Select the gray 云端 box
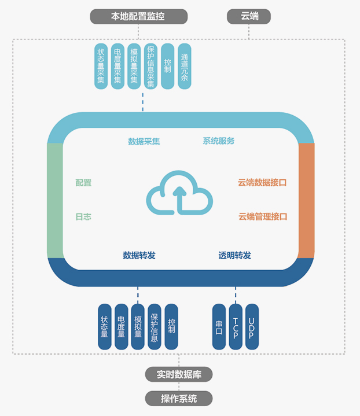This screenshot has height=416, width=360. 249,16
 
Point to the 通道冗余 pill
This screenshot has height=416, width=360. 185,67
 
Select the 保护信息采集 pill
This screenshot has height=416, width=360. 151,67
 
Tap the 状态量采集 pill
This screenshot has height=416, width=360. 101,67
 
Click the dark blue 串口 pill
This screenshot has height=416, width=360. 219,327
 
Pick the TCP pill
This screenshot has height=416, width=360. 236,327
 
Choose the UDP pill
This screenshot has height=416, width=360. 252,327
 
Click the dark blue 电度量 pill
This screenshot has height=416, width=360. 121,327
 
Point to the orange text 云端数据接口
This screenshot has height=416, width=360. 262,182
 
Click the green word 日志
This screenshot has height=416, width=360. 83,217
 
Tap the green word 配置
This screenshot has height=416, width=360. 83,183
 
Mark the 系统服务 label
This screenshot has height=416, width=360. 218,141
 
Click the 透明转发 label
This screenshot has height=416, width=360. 234,255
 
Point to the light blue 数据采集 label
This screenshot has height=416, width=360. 144,141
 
